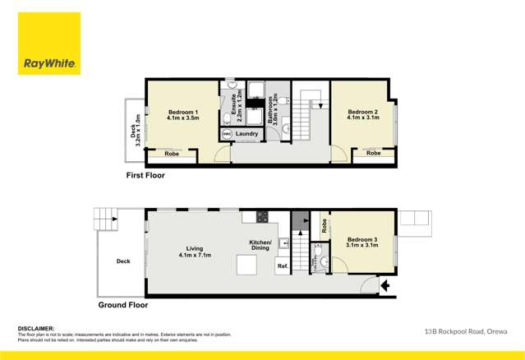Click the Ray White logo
[x=48, y=44]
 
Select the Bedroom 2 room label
[x=362, y=115]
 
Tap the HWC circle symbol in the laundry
[x=226, y=134]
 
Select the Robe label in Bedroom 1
[x=172, y=154]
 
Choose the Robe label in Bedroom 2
[x=374, y=153]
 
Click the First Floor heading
[x=145, y=176]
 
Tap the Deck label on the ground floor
[x=123, y=261]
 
